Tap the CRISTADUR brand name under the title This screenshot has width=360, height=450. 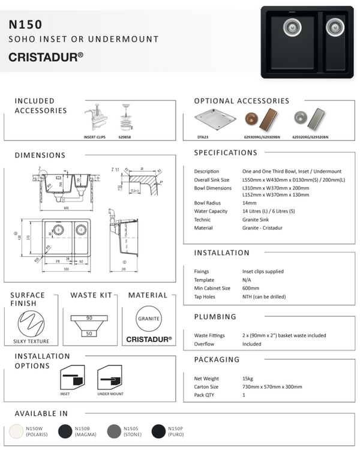[x=46, y=58]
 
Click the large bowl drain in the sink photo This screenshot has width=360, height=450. [x=290, y=26]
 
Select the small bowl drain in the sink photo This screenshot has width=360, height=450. [x=335, y=27]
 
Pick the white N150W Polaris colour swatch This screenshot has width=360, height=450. [x=15, y=431]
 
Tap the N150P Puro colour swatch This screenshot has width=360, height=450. [x=159, y=431]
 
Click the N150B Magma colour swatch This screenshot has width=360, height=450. [x=65, y=431]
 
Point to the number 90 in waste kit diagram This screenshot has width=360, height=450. [x=89, y=317]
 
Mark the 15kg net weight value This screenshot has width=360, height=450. [x=248, y=379]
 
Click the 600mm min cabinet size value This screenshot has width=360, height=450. [x=252, y=288]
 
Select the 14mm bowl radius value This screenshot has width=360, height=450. [x=250, y=203]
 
